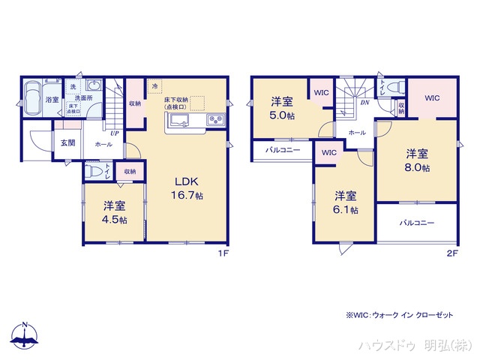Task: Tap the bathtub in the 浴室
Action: [x=34, y=98]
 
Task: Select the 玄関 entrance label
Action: [x=66, y=143]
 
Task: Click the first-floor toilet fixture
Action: [x=94, y=171]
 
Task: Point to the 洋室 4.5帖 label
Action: [x=115, y=211]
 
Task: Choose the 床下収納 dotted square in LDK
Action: [x=196, y=103]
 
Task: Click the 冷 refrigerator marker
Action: [x=154, y=86]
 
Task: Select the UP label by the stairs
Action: [x=114, y=133]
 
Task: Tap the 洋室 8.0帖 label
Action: [x=415, y=160]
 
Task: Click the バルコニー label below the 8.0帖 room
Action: [x=416, y=223]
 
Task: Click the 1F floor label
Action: [x=222, y=253]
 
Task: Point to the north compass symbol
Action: [x=24, y=335]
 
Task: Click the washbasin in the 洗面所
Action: [x=94, y=85]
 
